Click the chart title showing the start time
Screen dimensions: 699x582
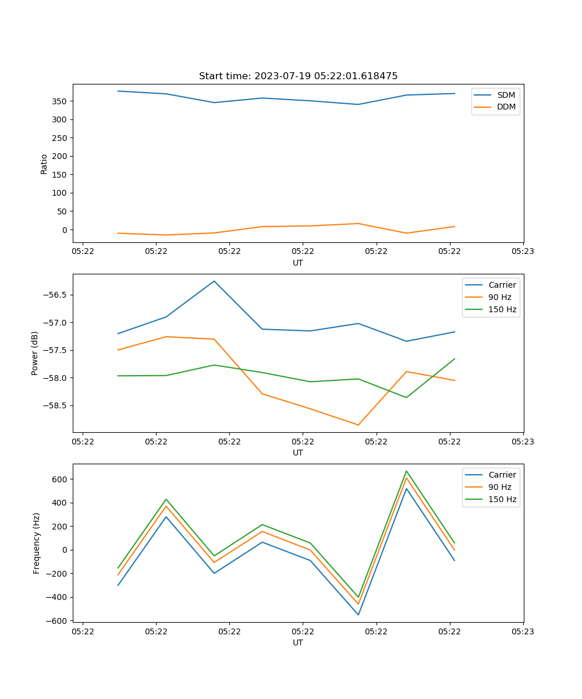[x=298, y=76]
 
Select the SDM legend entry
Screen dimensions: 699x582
[x=506, y=95]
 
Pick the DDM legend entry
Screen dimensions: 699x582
[x=506, y=107]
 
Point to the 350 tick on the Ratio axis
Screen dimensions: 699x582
[x=58, y=101]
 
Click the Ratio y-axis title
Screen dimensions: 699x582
[x=44, y=164]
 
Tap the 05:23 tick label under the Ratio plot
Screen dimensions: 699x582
[x=523, y=252]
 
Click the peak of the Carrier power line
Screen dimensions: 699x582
[x=214, y=281]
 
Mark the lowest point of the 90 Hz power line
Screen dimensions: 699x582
[x=358, y=425]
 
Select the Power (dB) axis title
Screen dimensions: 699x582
[x=35, y=353]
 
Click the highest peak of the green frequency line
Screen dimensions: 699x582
[x=406, y=471]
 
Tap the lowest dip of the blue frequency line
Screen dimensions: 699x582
[x=358, y=615]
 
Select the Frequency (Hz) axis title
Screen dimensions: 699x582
[x=37, y=543]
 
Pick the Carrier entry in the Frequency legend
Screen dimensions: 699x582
[x=502, y=475]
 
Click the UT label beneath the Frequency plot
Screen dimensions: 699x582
[x=298, y=642]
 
